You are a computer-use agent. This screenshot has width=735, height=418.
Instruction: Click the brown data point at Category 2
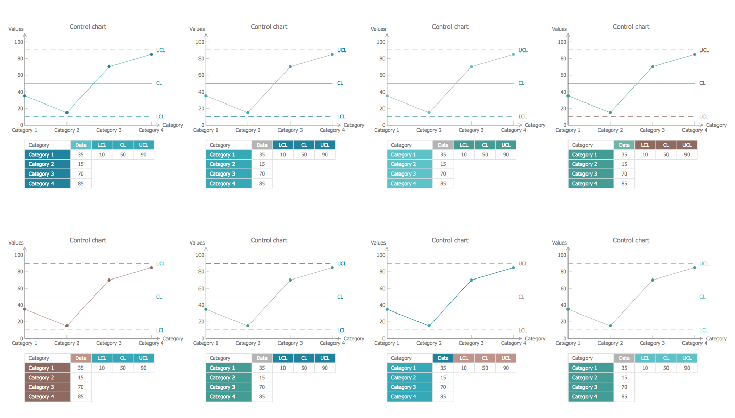[x=66, y=326]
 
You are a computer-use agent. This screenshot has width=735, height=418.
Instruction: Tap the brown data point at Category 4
[x=151, y=267]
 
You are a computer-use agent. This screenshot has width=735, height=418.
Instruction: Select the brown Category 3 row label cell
[x=47, y=387]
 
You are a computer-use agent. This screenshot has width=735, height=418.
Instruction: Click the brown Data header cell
[x=81, y=358]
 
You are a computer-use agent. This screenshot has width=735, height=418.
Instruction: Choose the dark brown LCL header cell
[x=645, y=145]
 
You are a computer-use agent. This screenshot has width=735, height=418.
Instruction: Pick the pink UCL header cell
[x=506, y=358]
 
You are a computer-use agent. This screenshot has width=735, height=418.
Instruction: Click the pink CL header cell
[x=485, y=358]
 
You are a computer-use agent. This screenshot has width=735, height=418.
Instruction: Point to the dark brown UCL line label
[x=704, y=50]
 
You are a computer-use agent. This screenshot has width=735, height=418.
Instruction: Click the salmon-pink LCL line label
[x=522, y=330]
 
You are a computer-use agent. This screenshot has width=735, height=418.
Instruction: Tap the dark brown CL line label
[x=702, y=83]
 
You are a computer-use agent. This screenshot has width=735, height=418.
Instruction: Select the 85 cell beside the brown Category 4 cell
[x=81, y=397]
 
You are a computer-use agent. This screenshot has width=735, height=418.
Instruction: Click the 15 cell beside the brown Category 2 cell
[x=81, y=378]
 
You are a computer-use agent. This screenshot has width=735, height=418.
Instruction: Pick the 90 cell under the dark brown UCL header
[x=687, y=155]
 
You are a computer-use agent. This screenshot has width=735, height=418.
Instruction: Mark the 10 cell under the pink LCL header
[x=464, y=368]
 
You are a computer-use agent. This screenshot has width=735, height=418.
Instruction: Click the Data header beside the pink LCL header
[x=443, y=358]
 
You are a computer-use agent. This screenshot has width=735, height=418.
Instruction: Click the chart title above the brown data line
[x=88, y=240]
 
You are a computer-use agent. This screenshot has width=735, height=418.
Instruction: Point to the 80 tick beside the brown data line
[x=19, y=272]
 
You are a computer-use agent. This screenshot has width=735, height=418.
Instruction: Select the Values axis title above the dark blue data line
[x=378, y=243]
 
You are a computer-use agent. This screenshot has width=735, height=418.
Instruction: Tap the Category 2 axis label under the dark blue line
[x=429, y=343]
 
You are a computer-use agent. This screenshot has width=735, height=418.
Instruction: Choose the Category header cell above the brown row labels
[x=47, y=358]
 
